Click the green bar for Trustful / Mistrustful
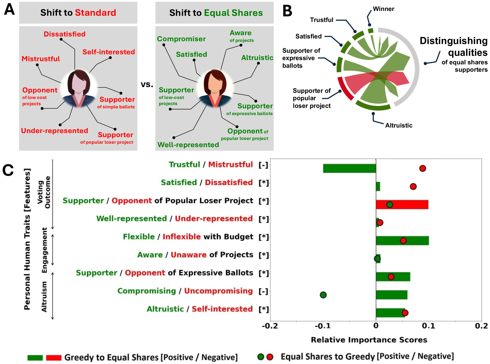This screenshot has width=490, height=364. [x=349, y=168]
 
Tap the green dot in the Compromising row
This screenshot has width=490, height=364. [x=323, y=295]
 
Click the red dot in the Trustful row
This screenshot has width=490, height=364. [x=422, y=168]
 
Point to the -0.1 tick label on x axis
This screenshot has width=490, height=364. [x=323, y=326]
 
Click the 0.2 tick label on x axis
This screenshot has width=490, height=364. [x=481, y=326]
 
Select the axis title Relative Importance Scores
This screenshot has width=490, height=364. [x=369, y=340]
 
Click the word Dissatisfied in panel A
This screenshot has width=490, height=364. [x=65, y=34]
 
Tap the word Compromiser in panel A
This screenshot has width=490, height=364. [x=181, y=39]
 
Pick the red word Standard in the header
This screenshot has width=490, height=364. [x=95, y=13]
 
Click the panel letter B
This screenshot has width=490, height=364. [x=287, y=11]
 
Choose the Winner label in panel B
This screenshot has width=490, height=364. [x=383, y=9]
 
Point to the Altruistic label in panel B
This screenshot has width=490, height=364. [x=399, y=125]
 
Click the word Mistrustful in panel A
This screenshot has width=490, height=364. [x=41, y=59]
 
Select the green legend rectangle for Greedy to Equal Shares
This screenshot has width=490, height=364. [x=35, y=357]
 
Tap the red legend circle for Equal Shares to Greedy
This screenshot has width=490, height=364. [x=270, y=357]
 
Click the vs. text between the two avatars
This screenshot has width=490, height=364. [x=147, y=84]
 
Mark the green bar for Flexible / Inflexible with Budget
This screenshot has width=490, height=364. [x=402, y=241]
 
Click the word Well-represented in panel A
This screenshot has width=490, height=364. [x=188, y=145]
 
